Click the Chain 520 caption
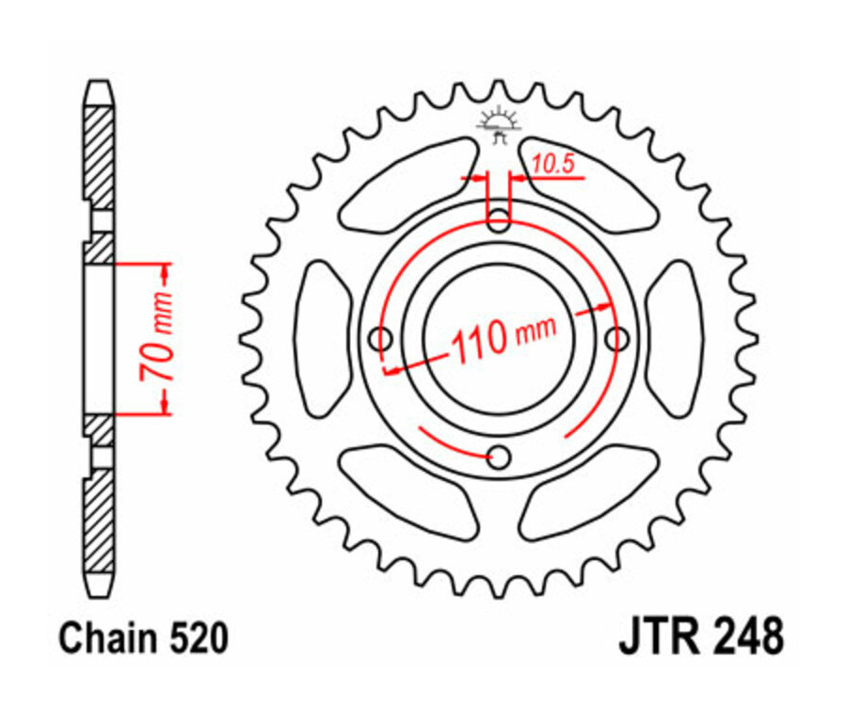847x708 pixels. coord(143,639)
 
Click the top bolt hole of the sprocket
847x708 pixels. coord(499,221)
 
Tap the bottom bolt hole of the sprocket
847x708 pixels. coord(499,458)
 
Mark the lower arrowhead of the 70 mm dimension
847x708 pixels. coord(166,403)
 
